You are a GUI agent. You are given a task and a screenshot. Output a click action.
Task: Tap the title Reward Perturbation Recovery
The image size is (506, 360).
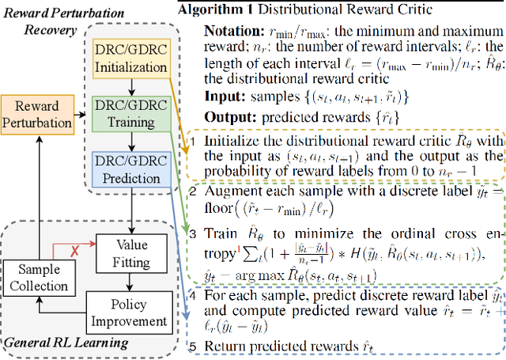point(46,23)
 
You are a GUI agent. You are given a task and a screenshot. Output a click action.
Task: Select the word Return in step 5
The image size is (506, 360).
point(222,345)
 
